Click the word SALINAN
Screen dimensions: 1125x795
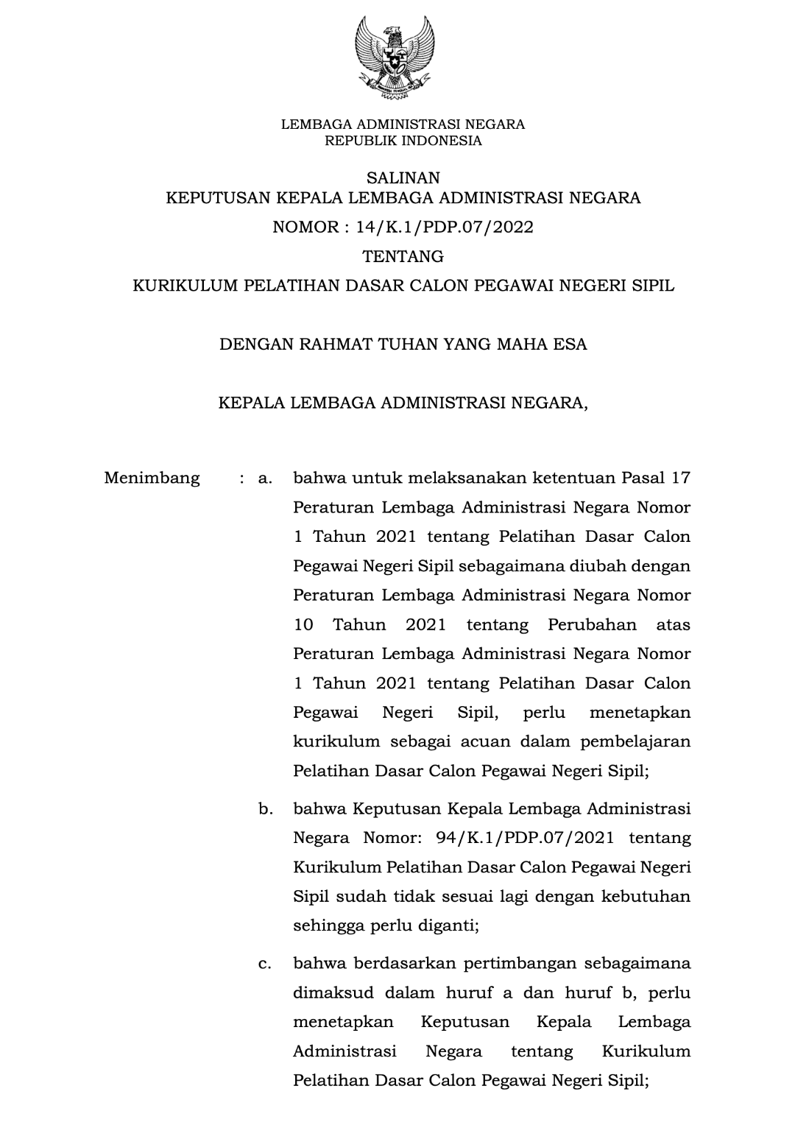(403, 177)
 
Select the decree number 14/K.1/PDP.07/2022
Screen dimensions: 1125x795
(445, 227)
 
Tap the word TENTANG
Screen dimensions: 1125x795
(403, 256)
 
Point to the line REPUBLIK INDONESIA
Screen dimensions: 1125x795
(403, 141)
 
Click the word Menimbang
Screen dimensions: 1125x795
(152, 479)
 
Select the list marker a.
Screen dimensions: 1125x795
(266, 479)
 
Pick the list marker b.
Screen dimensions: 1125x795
(266, 809)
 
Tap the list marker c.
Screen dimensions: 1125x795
(266, 963)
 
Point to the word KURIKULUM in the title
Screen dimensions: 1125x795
(178, 286)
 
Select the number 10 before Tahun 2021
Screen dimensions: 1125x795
(303, 625)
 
